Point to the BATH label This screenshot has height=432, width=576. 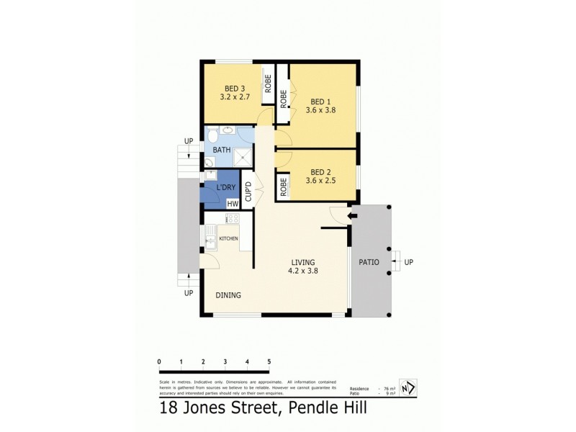221,150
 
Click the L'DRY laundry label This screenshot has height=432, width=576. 226,188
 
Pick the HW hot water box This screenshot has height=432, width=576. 233,204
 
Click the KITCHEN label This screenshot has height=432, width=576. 229,238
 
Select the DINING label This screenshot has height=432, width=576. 228,295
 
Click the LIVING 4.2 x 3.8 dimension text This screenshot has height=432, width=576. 302,271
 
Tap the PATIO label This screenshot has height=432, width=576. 369,262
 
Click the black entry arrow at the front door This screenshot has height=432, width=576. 353,215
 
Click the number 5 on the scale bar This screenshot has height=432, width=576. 269,361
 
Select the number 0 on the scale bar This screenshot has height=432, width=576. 158,361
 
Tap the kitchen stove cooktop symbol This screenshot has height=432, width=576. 233,217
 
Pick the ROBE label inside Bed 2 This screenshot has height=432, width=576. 284,186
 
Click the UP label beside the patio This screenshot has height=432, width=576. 409,262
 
